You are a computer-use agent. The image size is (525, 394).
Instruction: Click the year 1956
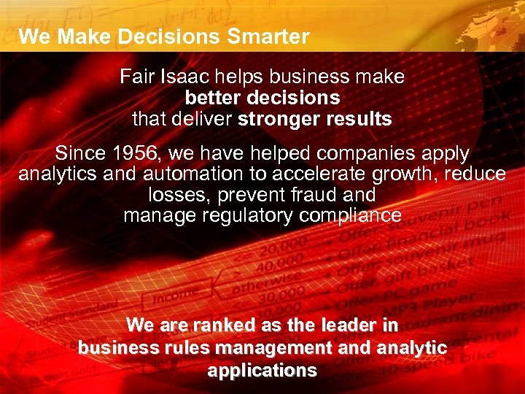[x=134, y=154]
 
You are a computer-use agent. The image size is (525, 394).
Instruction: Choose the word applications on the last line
[x=262, y=370]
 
